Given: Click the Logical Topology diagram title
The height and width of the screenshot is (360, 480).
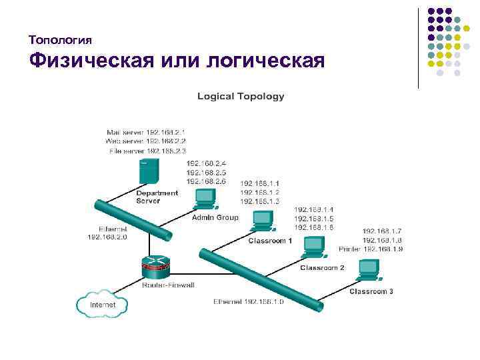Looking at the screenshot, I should pyautogui.click(x=241, y=96).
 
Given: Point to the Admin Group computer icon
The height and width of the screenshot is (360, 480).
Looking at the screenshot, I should pyautogui.click(x=205, y=199).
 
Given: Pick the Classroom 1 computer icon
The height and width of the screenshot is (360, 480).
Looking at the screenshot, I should pyautogui.click(x=262, y=220).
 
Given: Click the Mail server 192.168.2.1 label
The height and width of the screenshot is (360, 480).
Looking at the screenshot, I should pyautogui.click(x=145, y=132).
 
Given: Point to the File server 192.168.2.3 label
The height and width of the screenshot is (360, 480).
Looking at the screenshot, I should pyautogui.click(x=147, y=151).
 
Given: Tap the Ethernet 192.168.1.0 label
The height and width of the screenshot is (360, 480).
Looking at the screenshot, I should pyautogui.click(x=249, y=301).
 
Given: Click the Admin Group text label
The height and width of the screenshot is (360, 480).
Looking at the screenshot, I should pyautogui.click(x=215, y=217).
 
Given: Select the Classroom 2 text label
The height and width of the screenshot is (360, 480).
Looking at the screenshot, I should pyautogui.click(x=322, y=267).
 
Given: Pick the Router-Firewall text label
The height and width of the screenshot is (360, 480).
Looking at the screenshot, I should pyautogui.click(x=168, y=285).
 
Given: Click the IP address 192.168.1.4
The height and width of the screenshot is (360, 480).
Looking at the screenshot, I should pyautogui.click(x=313, y=209).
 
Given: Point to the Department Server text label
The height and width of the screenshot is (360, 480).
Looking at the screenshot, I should pyautogui.click(x=157, y=197).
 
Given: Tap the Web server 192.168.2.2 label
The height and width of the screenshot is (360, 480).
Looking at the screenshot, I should pyautogui.click(x=145, y=141).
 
